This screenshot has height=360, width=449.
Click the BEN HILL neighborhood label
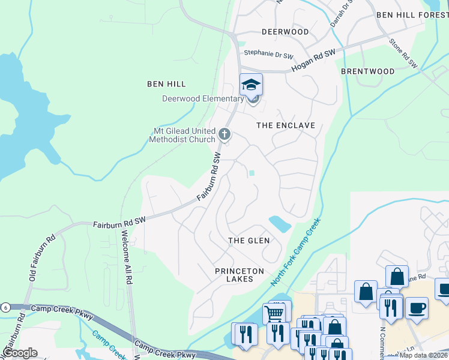coord(166,84)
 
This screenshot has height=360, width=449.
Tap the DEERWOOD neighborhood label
coord(285,31)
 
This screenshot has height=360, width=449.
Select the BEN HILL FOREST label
coord(412,14)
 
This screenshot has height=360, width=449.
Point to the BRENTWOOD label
coord(367,71)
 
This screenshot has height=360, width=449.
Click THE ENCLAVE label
coord(286,125)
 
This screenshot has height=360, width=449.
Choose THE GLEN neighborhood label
coord(249,241)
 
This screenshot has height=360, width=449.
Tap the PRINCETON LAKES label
coord(240,275)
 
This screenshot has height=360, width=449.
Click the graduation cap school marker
coord(252,85)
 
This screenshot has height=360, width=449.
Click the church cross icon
coord(224,134)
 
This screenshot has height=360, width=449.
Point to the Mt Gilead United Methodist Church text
coord(182,135)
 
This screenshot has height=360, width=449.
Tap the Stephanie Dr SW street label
coord(267,54)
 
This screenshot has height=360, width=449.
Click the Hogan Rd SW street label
coord(313,61)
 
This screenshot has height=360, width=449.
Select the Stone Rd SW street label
coord(403,53)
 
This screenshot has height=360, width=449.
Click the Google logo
coord(19,353)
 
